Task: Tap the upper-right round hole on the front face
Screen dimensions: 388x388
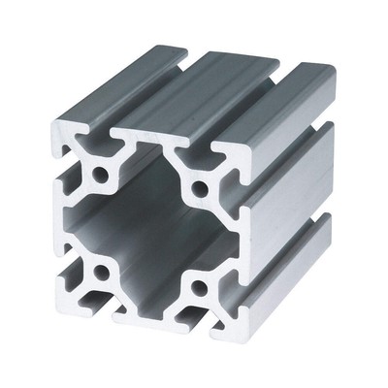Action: click(x=200, y=184)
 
